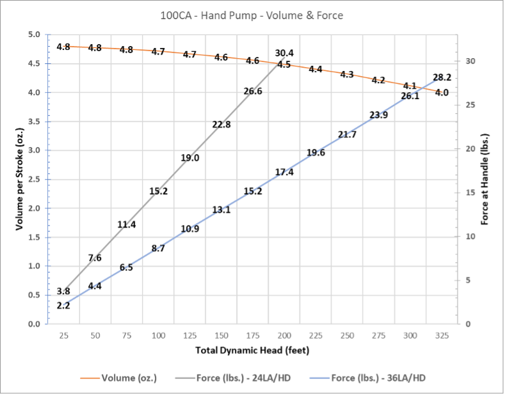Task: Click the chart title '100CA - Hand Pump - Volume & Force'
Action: (x=252, y=15)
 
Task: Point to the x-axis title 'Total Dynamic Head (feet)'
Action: (x=252, y=350)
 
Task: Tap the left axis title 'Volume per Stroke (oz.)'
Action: (x=20, y=179)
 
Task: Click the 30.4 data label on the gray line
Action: (x=284, y=53)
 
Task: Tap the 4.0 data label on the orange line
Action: (x=442, y=93)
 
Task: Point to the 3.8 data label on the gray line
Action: (x=63, y=291)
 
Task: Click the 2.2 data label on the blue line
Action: (x=63, y=306)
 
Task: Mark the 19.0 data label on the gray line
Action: (x=190, y=158)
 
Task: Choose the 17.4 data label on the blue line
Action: (x=284, y=172)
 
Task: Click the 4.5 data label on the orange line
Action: (x=284, y=65)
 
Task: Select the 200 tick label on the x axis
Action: (x=284, y=336)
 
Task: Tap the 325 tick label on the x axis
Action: (x=442, y=336)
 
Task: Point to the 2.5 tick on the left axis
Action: (x=33, y=180)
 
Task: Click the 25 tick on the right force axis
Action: (x=469, y=105)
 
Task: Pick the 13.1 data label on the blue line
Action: (x=221, y=210)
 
